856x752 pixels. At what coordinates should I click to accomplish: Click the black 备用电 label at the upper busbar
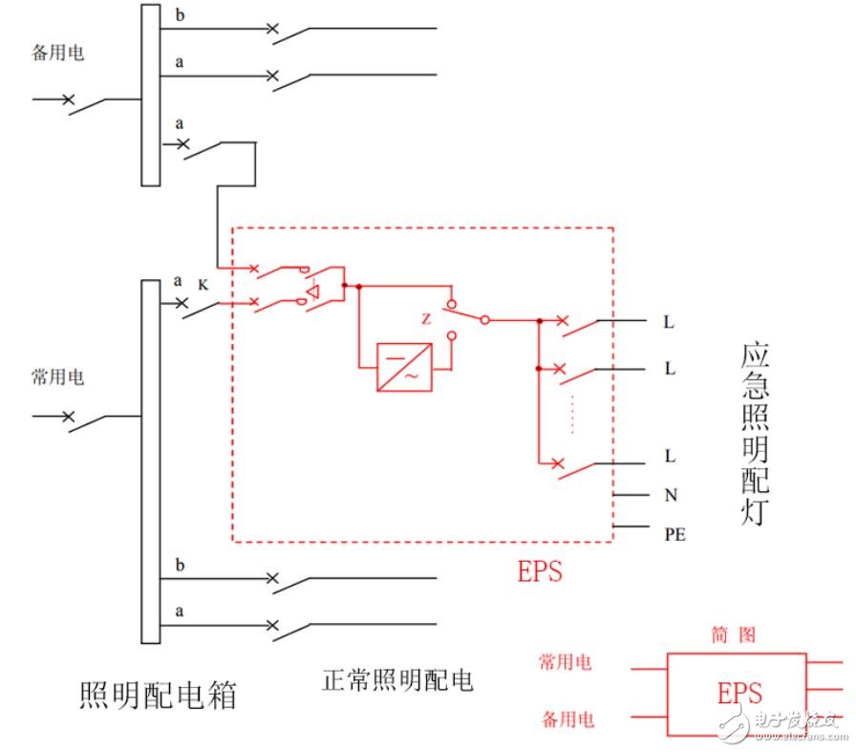click(x=57, y=53)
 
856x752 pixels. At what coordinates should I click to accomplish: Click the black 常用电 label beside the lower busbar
click(x=57, y=377)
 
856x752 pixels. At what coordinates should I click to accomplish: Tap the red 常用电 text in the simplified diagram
click(x=565, y=662)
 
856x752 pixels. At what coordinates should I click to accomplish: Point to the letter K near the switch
click(x=203, y=284)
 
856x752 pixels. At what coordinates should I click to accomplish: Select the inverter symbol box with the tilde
click(x=404, y=367)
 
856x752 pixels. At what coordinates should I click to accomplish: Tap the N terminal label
click(x=670, y=495)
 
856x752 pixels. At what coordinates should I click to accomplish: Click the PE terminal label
click(x=674, y=534)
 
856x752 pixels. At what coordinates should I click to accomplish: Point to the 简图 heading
click(x=734, y=634)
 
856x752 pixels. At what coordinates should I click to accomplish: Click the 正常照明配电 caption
click(x=397, y=680)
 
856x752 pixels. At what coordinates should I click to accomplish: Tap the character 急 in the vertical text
click(x=756, y=394)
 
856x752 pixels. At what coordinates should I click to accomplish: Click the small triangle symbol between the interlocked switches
click(x=312, y=290)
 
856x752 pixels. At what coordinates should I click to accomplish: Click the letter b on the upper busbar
click(x=180, y=16)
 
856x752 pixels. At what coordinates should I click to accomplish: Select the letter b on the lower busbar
click(x=180, y=566)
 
